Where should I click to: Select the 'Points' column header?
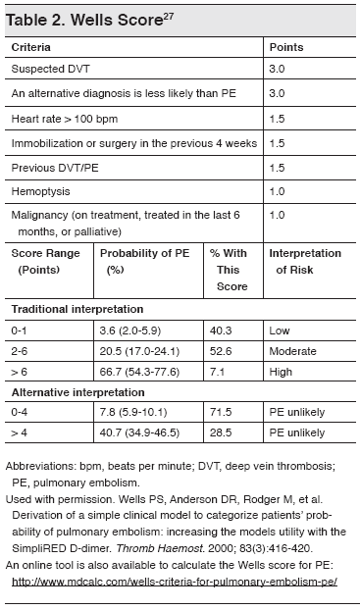pyautogui.click(x=286, y=47)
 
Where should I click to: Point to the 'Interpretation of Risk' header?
pyautogui.click(x=305, y=260)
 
